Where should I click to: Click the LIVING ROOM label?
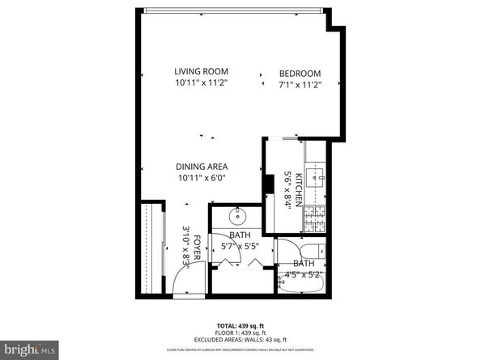coord(202,70)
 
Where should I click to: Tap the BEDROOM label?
coord(300,73)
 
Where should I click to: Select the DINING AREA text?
coord(202,167)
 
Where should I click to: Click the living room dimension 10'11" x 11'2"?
coord(202,83)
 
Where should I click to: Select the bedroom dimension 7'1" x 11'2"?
coord(300,84)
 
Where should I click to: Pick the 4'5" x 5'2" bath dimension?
coord(302,274)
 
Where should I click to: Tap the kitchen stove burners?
coord(313,215)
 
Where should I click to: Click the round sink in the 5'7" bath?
coord(240,217)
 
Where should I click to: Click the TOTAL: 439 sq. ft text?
coord(240,324)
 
